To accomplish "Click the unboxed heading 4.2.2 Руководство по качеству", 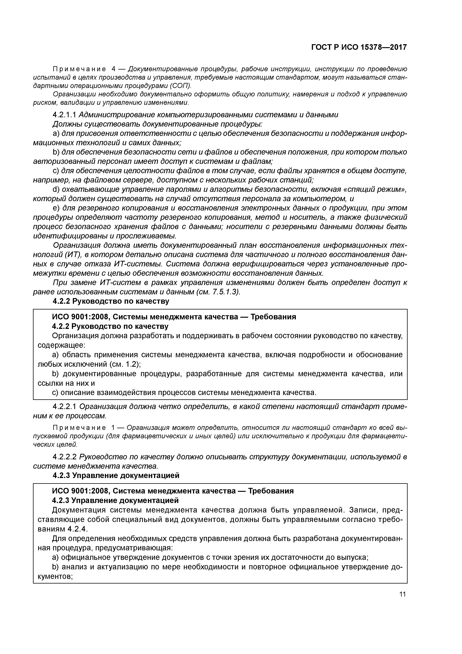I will [111, 301].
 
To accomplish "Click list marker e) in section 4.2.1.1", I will [56, 208].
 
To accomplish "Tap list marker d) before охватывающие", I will [56, 189].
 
